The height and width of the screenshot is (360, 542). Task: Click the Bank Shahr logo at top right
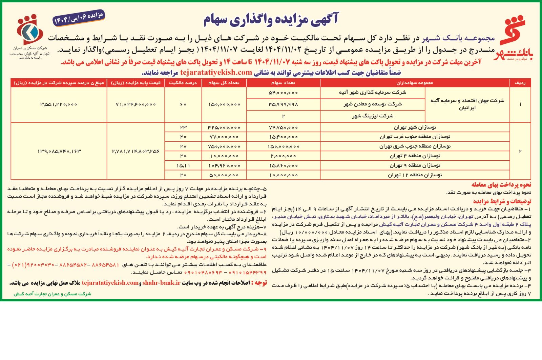pos(517,37)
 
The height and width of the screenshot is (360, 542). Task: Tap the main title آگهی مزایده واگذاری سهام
pos(271,19)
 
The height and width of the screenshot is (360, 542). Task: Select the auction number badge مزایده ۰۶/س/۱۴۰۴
pos(78,19)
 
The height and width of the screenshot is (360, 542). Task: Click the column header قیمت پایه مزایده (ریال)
pos(135,83)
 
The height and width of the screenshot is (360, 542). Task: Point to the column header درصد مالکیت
pos(183,83)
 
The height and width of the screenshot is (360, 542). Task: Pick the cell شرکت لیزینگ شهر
pos(373,116)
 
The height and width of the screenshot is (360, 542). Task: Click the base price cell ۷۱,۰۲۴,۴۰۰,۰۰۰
pos(135,104)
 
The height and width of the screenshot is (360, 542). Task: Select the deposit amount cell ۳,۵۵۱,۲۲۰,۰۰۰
pos(59,104)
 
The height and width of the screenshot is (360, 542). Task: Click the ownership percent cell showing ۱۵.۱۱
pos(183,165)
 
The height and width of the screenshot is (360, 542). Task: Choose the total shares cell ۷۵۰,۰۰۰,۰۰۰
pos(224,146)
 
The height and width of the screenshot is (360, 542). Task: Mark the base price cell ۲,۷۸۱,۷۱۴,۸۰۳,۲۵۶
pos(135,151)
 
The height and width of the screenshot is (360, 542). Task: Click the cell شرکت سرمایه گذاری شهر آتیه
pos(373,92)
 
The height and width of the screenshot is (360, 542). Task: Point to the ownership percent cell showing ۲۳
pos(183,127)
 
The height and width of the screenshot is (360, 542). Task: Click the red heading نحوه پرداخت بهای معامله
pos(501,185)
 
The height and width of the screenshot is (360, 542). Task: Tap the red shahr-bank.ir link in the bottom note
pos(161,283)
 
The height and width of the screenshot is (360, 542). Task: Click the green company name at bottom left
pos(53,294)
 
